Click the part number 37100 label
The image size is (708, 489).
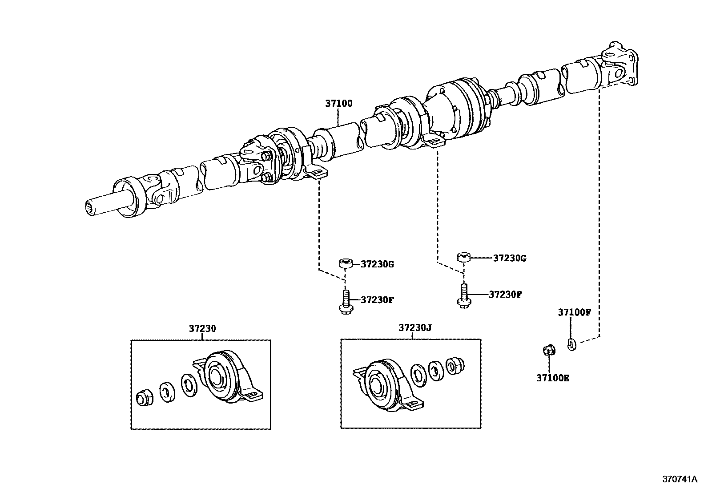click(x=338, y=103)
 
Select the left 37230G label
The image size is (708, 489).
click(x=377, y=264)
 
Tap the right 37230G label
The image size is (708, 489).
click(x=509, y=258)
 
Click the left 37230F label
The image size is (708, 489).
click(x=377, y=299)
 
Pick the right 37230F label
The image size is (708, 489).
click(x=505, y=294)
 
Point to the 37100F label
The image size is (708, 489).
click(x=574, y=312)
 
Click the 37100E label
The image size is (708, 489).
click(x=552, y=378)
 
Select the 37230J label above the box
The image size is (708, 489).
click(x=414, y=328)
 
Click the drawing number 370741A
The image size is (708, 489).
click(x=679, y=479)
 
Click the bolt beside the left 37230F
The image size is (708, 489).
click(x=346, y=303)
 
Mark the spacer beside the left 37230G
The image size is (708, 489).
click(x=346, y=263)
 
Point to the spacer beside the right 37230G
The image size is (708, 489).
click(x=463, y=257)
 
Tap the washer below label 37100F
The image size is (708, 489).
click(x=572, y=343)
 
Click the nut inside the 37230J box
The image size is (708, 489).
click(x=454, y=365)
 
